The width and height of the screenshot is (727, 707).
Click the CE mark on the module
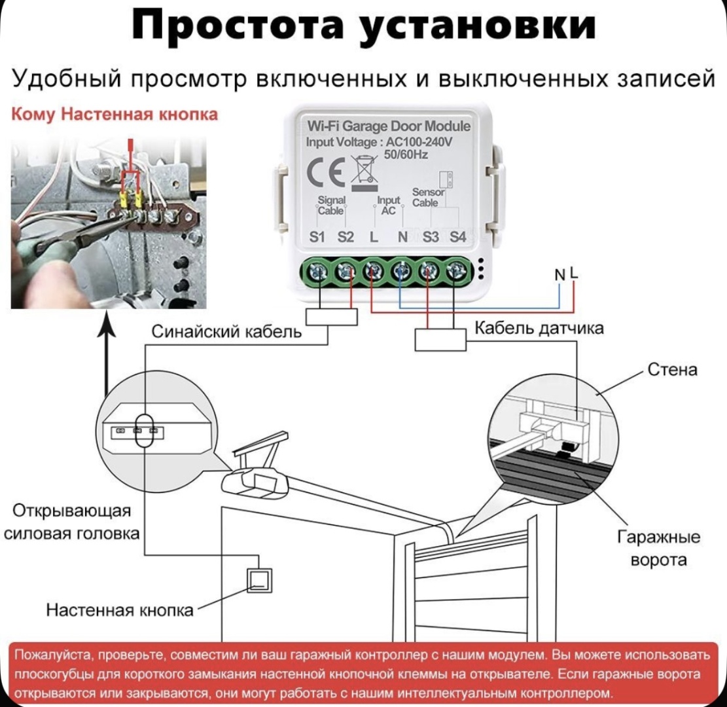tap(325, 171)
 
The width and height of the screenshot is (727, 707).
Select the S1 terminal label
tap(317, 236)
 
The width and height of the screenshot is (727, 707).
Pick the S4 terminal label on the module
tap(457, 236)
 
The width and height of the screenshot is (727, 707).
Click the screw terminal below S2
tap(346, 272)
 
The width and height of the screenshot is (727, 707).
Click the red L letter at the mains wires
tap(574, 273)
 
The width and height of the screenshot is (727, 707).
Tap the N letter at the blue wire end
tap(560, 275)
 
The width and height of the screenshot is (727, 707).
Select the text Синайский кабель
tap(226, 332)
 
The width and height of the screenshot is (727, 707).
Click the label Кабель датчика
tap(539, 329)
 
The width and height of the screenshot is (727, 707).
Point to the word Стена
tap(672, 370)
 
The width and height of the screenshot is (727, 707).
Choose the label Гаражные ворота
tap(658, 549)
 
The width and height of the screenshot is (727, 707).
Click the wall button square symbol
tap(259, 581)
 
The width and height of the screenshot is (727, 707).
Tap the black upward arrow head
tap(107, 323)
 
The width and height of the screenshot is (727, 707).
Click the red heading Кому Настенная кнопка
tap(114, 114)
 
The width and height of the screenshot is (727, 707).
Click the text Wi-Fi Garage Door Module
tap(389, 126)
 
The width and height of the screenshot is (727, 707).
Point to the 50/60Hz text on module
tap(406, 154)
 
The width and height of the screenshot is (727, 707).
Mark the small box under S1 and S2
tap(332, 317)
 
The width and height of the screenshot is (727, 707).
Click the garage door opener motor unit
tap(255, 482)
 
